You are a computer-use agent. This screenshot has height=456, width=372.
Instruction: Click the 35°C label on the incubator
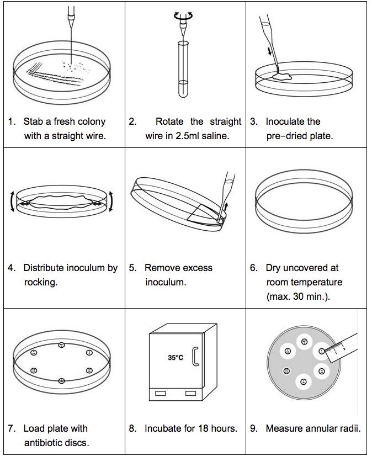point(175,358)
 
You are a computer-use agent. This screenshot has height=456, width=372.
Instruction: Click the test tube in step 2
point(183,68)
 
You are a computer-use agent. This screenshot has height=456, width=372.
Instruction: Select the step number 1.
point(12,121)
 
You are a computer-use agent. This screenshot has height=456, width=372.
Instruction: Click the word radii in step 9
point(348,428)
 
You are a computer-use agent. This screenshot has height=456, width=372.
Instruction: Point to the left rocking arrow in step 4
point(13,201)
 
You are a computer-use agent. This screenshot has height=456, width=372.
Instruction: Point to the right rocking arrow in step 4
point(111,201)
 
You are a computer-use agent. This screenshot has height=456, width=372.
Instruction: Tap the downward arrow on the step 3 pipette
point(269,52)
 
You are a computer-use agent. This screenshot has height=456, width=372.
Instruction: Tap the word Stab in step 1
point(33,121)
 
